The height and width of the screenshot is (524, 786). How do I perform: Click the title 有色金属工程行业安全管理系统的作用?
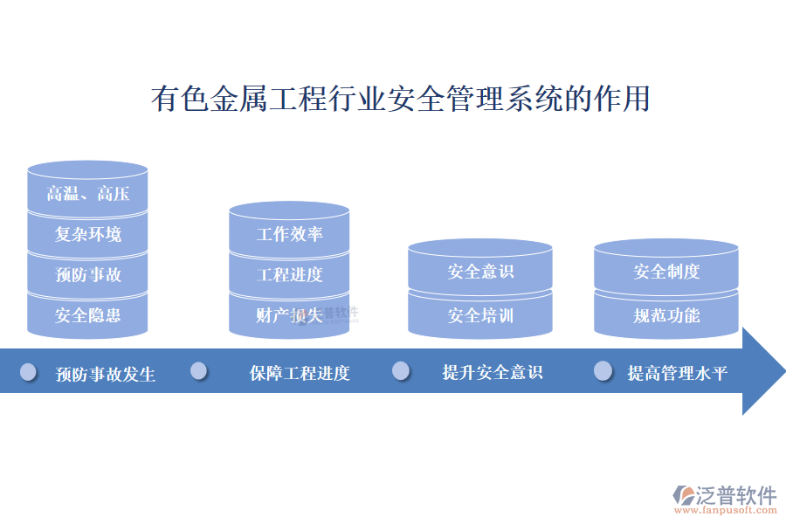click(x=401, y=99)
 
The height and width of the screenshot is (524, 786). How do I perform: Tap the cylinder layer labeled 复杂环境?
click(x=87, y=234)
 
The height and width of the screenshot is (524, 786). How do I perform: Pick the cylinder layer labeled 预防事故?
click(x=87, y=275)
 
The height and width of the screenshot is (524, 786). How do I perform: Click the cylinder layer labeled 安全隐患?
click(x=87, y=315)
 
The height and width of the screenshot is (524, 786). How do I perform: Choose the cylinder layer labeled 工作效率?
click(x=289, y=234)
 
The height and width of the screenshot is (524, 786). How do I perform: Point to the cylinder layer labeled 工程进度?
click(x=289, y=275)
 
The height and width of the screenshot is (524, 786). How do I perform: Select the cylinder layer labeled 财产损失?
click(x=289, y=315)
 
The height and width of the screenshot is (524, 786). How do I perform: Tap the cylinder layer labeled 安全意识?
click(x=480, y=272)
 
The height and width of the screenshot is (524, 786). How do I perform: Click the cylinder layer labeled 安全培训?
click(x=480, y=315)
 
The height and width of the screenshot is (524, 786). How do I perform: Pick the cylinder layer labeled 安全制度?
click(x=666, y=272)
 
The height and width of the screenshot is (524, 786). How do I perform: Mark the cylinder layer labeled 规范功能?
click(x=666, y=315)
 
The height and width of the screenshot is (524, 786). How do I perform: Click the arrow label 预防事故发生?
click(x=106, y=375)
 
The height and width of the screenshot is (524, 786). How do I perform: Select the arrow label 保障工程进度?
click(x=300, y=374)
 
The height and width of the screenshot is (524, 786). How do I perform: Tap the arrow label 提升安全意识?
click(x=493, y=373)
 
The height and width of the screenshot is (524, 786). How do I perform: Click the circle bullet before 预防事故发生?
click(x=29, y=372)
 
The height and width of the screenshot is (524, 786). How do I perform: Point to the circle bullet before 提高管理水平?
click(x=603, y=371)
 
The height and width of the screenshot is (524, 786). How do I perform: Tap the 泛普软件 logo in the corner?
click(x=725, y=499)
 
